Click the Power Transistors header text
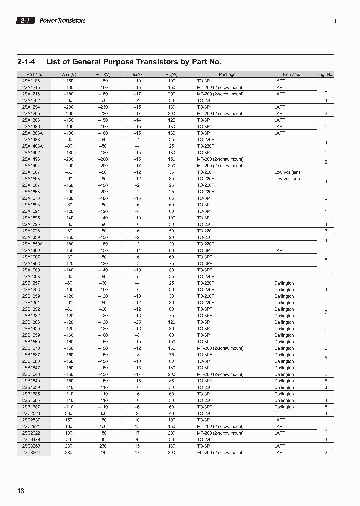coord(62,21)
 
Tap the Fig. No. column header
coord(325,74)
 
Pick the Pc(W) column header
coord(171,74)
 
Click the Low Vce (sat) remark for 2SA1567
coord(287,172)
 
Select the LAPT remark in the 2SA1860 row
coord(280,250)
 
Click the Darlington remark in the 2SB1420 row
coord(284,329)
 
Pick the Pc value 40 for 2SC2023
coord(171,413)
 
